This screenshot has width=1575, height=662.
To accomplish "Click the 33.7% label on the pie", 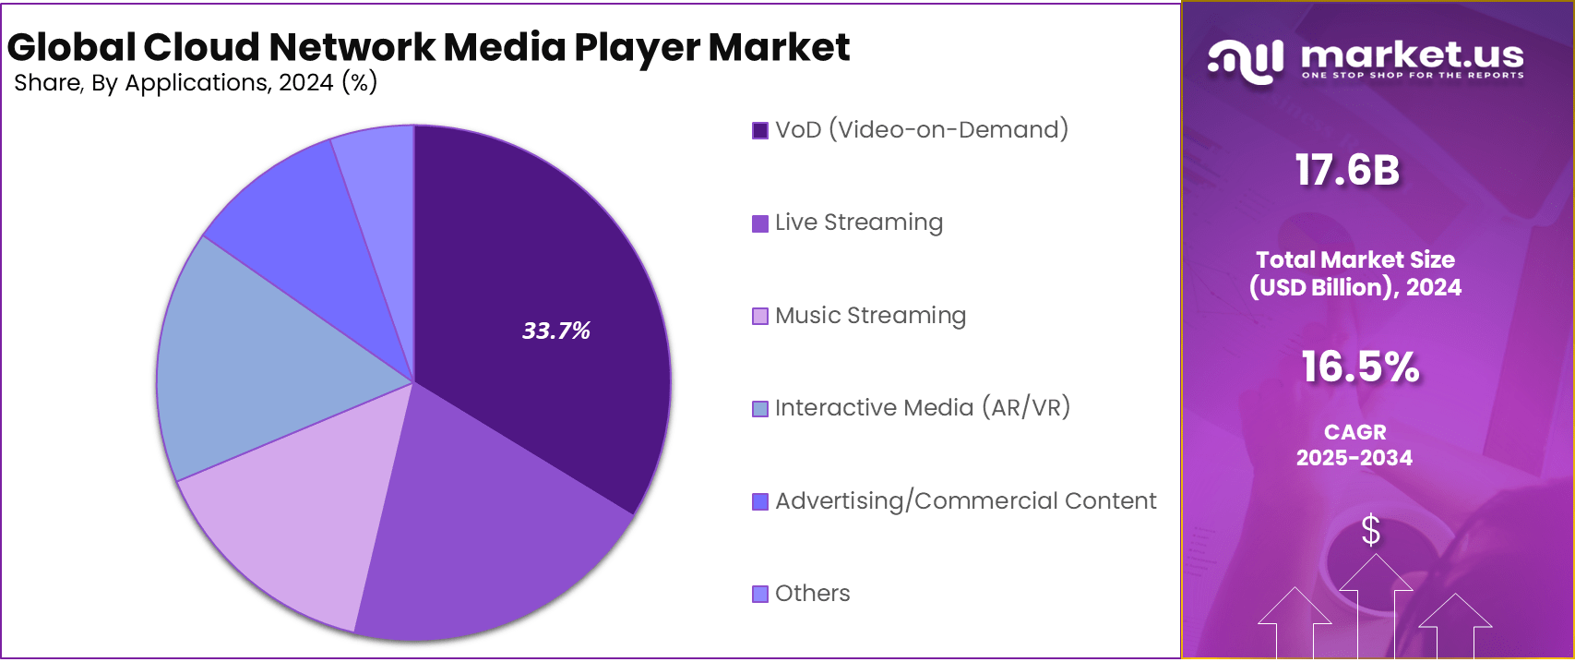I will point(555,331).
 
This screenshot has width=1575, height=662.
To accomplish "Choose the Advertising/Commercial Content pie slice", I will point(314,240).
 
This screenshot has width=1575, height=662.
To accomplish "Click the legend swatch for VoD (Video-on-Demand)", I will point(760,130).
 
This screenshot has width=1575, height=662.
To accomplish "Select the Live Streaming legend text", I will point(858,223).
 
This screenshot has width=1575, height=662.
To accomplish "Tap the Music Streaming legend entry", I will point(870,316).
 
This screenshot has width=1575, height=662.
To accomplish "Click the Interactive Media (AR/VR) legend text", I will point(922,408).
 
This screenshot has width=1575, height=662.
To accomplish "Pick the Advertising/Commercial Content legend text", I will point(965,501).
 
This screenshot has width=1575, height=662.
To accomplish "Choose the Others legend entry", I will point(812,594).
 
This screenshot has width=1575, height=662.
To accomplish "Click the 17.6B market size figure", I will point(1347,171).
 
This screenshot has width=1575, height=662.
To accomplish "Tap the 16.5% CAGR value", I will point(1360,367).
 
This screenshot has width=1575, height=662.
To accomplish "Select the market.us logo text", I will point(1412,55).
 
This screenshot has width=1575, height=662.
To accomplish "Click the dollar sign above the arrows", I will point(1371,531).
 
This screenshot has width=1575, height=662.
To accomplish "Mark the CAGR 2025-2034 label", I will point(1354,445).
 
